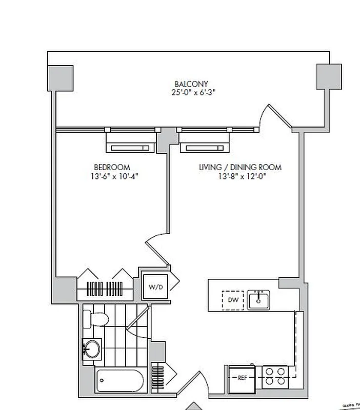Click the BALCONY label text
pos(191,84)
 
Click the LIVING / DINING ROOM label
pos(240,167)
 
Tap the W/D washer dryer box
pos(155,287)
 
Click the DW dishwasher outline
pos(232,300)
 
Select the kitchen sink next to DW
pos(259,300)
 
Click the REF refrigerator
pos(243,378)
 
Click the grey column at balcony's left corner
pos(61,78)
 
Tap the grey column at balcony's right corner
pos(329,77)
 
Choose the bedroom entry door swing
pos(156,251)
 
